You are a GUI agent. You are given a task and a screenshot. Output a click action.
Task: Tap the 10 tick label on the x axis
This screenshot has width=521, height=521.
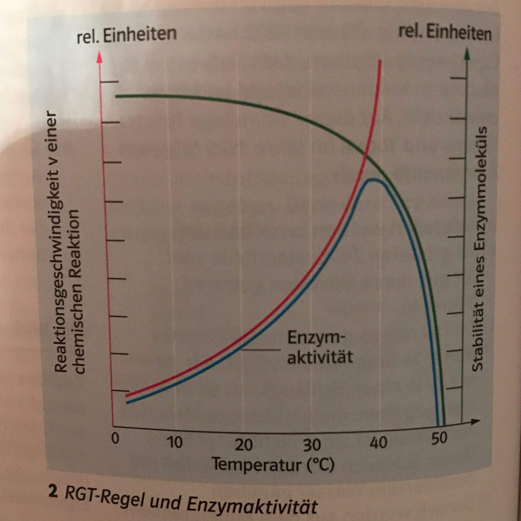174,442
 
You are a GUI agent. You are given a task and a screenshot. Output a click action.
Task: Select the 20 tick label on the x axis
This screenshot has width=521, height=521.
244,445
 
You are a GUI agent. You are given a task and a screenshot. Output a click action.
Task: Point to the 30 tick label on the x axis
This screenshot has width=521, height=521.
312,445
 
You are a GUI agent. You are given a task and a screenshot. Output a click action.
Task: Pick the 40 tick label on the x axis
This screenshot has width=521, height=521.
379,443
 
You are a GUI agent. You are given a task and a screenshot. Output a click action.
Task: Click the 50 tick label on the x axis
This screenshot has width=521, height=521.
439,438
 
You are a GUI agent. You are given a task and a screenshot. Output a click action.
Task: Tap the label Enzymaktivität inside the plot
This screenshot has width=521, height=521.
320,347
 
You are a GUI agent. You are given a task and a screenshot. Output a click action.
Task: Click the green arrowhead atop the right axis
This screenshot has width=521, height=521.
467,54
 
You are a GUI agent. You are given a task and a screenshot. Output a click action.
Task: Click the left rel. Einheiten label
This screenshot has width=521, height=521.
127,35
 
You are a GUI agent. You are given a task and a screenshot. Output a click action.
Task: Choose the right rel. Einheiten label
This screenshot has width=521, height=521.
445,33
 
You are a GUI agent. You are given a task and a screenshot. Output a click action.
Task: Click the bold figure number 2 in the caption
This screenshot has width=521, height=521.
53,492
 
